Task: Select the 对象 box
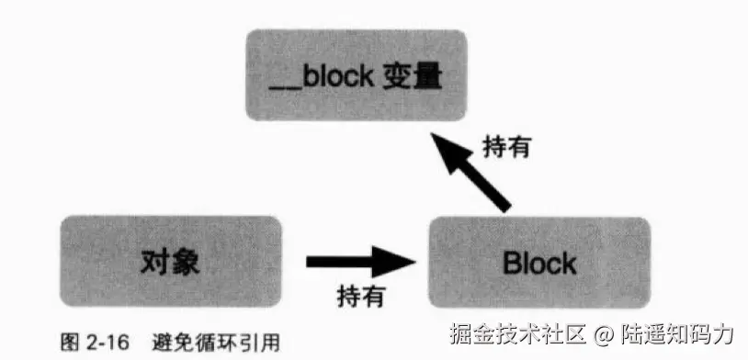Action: click(x=171, y=263)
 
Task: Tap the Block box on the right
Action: click(x=538, y=263)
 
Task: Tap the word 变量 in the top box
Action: click(x=414, y=75)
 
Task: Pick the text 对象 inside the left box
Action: click(x=171, y=263)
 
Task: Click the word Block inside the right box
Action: click(x=538, y=264)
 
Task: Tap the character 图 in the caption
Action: click(x=68, y=342)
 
